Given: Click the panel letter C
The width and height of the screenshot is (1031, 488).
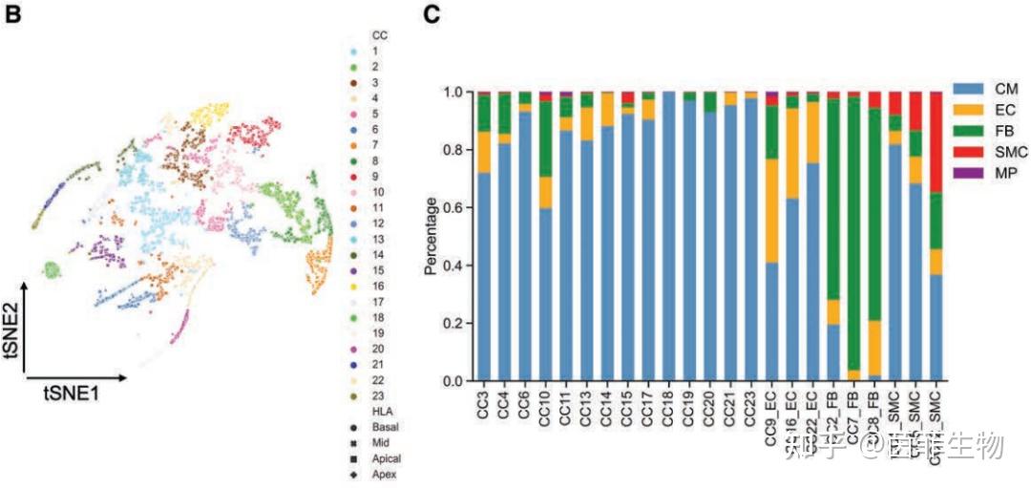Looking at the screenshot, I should (x=432, y=15).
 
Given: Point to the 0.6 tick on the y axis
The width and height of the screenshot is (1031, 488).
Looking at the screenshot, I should (x=453, y=207).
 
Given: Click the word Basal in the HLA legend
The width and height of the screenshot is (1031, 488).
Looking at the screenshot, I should (x=386, y=429).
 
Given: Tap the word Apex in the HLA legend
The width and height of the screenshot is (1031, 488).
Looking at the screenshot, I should (x=386, y=475).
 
